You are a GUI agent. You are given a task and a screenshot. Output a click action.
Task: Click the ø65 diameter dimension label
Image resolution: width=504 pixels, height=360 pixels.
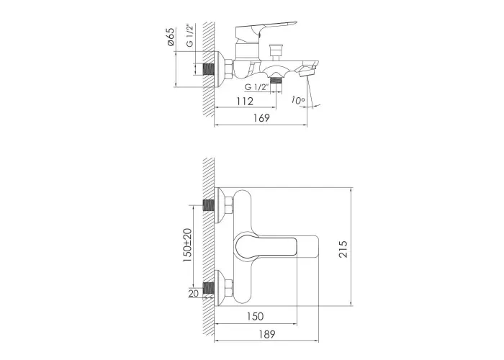coord(171,37)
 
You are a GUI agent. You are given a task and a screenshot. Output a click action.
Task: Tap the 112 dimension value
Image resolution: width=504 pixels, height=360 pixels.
coord(245,102)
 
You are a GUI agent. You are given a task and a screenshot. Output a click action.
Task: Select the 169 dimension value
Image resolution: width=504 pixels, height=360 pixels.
coord(261,118)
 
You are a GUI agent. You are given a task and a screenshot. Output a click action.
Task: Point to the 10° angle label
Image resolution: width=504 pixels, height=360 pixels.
coord(298,100)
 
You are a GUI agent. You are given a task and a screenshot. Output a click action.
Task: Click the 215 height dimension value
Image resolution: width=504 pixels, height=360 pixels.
coord(343,248)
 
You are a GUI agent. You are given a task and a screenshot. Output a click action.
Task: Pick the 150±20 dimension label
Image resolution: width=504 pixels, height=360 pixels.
coord(187,245)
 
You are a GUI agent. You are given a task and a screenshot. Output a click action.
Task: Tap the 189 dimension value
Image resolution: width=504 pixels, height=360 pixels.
coord(267,335)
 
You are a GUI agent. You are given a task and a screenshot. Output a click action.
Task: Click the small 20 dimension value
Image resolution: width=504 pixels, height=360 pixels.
coord(194,293)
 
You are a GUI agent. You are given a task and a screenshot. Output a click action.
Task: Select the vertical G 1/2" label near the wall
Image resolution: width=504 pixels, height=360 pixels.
coord(190,35)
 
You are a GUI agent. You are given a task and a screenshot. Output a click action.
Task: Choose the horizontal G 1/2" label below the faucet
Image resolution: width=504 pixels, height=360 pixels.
coord(256,87)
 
